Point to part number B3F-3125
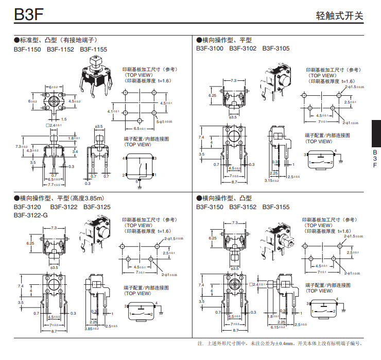coord(97,207)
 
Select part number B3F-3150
coord(210,207)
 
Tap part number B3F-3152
coord(243,207)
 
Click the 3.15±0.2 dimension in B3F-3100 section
coord(272,180)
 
